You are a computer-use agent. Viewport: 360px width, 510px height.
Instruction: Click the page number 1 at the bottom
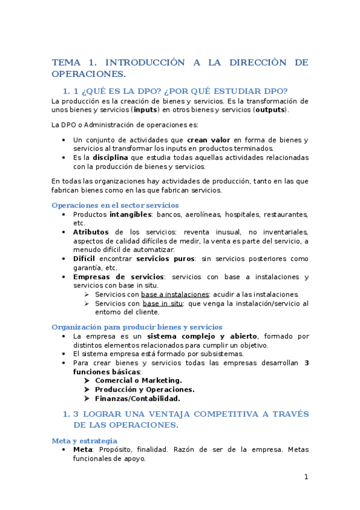(x=306, y=477)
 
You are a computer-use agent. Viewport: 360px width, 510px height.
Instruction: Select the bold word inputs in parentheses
(x=145, y=110)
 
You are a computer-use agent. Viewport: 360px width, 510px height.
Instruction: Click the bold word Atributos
(x=91, y=232)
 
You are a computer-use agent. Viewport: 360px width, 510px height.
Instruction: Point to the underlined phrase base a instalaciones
(x=175, y=295)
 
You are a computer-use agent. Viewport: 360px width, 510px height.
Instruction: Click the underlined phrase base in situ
(x=163, y=304)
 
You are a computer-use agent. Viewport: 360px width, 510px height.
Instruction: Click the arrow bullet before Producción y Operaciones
(x=88, y=389)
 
